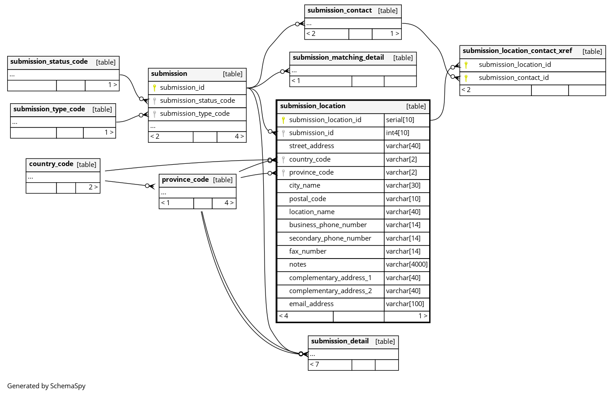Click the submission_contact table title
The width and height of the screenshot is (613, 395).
click(x=339, y=10)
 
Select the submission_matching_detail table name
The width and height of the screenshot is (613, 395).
click(x=338, y=57)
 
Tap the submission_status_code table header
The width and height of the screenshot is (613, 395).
click(x=49, y=62)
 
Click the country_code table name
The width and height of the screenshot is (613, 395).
click(x=51, y=164)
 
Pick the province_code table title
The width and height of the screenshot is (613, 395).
click(x=185, y=180)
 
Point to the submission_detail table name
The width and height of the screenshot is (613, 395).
click(x=339, y=341)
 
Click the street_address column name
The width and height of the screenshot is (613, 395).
click(x=311, y=146)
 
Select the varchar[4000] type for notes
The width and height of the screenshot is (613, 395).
click(x=407, y=264)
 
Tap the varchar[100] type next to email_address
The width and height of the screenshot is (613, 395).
click(x=405, y=304)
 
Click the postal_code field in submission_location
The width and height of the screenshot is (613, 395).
click(x=307, y=199)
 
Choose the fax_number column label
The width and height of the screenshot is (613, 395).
click(x=308, y=251)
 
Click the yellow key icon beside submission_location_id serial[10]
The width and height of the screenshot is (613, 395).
click(x=283, y=120)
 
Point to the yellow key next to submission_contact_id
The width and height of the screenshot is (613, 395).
click(x=466, y=78)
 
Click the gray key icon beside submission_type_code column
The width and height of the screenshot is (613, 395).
click(x=154, y=114)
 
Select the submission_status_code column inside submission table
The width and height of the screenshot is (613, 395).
click(x=197, y=101)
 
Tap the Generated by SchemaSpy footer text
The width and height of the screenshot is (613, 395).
click(x=46, y=386)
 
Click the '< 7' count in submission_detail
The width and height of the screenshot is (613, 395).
click(x=314, y=364)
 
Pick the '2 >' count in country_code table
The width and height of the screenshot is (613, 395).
click(x=93, y=187)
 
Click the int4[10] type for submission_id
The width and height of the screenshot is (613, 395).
click(x=397, y=133)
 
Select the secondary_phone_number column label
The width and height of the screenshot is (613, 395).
click(x=330, y=238)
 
